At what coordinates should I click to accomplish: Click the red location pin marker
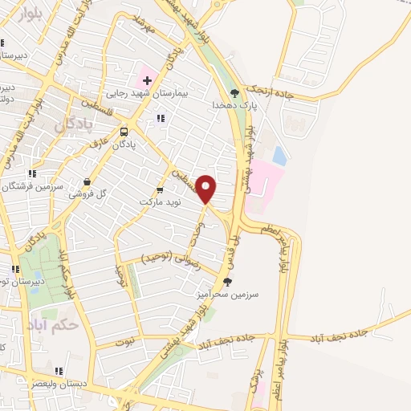click(207, 189)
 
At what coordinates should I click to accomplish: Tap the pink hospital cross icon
click(147, 79)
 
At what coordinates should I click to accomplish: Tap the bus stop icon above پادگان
click(124, 132)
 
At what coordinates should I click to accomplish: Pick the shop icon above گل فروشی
click(87, 182)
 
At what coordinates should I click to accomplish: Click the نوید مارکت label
click(159, 201)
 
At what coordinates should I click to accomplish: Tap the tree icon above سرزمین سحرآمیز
click(228, 281)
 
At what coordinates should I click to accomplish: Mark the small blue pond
click(279, 155)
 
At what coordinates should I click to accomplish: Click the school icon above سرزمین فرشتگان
click(31, 173)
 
